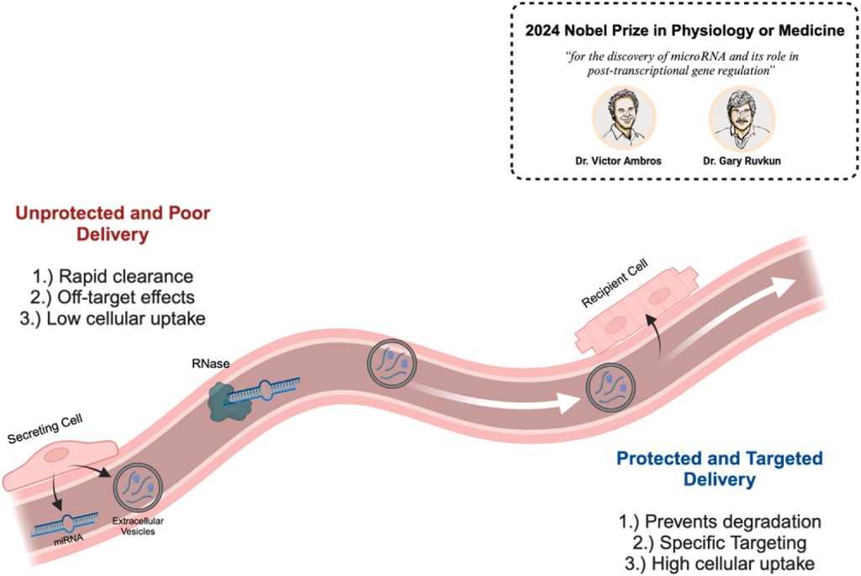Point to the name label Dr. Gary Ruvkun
tap(737, 160)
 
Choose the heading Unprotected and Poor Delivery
tap(113, 223)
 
